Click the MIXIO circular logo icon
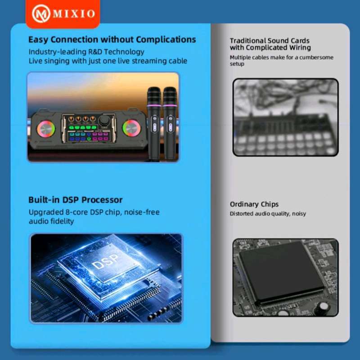pos(41,13)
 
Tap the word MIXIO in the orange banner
pos(74,14)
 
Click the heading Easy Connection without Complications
pos(112,40)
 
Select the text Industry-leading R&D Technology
pos(86,52)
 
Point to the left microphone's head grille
pos(154,96)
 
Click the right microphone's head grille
pos(170,96)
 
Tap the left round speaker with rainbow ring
pos(46,129)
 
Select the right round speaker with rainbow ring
pos(131,129)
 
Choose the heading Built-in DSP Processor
pos(75,200)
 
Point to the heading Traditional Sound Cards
pos(270,40)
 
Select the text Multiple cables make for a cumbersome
pos(282,57)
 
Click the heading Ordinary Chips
pos(254,204)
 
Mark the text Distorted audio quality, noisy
pos(268,213)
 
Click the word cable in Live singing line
pos(178,61)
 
